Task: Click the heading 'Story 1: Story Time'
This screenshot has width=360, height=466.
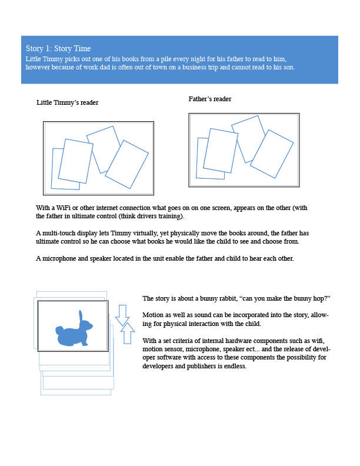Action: pos(58,48)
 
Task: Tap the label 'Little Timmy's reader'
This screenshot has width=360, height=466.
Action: pos(67,102)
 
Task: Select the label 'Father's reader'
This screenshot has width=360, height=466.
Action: pos(210,99)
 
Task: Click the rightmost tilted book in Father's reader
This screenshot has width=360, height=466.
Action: pos(271,154)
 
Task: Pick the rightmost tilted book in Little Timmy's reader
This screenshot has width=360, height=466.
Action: pos(128,164)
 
